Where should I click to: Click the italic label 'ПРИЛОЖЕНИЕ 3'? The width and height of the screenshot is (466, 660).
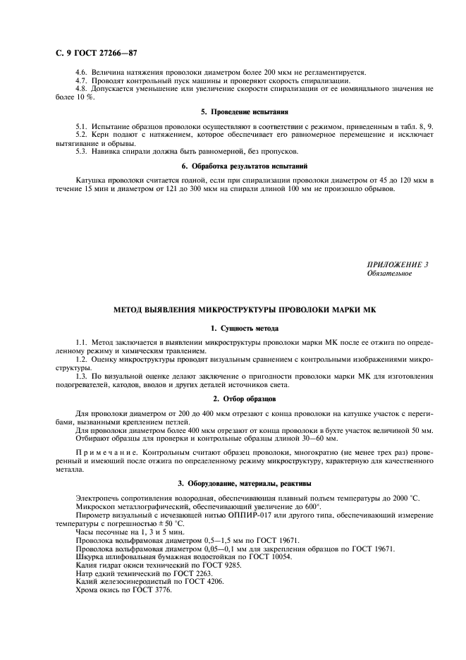pos(398,264)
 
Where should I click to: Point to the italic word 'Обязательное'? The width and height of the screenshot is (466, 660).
pos(389,274)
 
